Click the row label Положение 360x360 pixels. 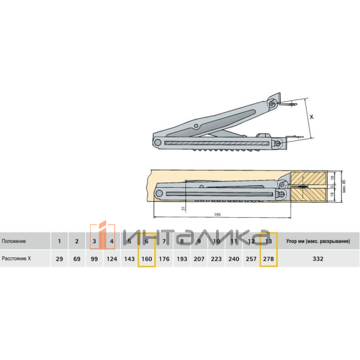(x=14, y=241)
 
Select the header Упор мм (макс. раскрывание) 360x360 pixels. (x=318, y=241)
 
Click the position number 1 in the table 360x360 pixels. (x=59, y=241)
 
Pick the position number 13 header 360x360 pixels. (x=268, y=241)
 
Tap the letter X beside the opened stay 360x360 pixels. (x=311, y=118)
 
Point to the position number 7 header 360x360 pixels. (x=164, y=241)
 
